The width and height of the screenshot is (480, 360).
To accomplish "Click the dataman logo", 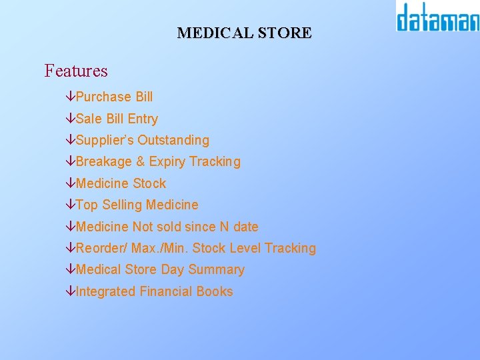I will pyautogui.click(x=437, y=17).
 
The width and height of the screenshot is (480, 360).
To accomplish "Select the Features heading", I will pyautogui.click(x=76, y=71).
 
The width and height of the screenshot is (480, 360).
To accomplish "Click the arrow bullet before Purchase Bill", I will pyautogui.click(x=71, y=97).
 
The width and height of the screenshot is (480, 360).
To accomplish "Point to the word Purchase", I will pyautogui.click(x=103, y=97).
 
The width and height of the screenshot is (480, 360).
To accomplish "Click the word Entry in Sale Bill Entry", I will pyautogui.click(x=143, y=119).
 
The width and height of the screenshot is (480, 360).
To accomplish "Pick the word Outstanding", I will pyautogui.click(x=173, y=141).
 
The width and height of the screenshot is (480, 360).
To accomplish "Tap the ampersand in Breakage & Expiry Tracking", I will pyautogui.click(x=140, y=162).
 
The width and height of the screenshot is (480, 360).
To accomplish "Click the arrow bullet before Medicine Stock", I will pyautogui.click(x=71, y=184).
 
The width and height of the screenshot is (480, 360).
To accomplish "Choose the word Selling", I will pyautogui.click(x=122, y=205).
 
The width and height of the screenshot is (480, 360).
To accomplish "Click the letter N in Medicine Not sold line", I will pyautogui.click(x=225, y=227).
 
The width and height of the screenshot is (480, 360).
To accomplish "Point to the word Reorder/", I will pyautogui.click(x=101, y=249).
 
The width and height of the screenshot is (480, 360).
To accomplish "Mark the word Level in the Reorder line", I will pyautogui.click(x=245, y=249).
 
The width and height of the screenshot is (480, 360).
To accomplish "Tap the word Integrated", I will pyautogui.click(x=105, y=292).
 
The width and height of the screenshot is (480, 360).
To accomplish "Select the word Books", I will pyautogui.click(x=215, y=291).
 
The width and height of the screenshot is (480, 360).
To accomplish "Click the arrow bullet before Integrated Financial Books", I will pyautogui.click(x=71, y=292).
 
